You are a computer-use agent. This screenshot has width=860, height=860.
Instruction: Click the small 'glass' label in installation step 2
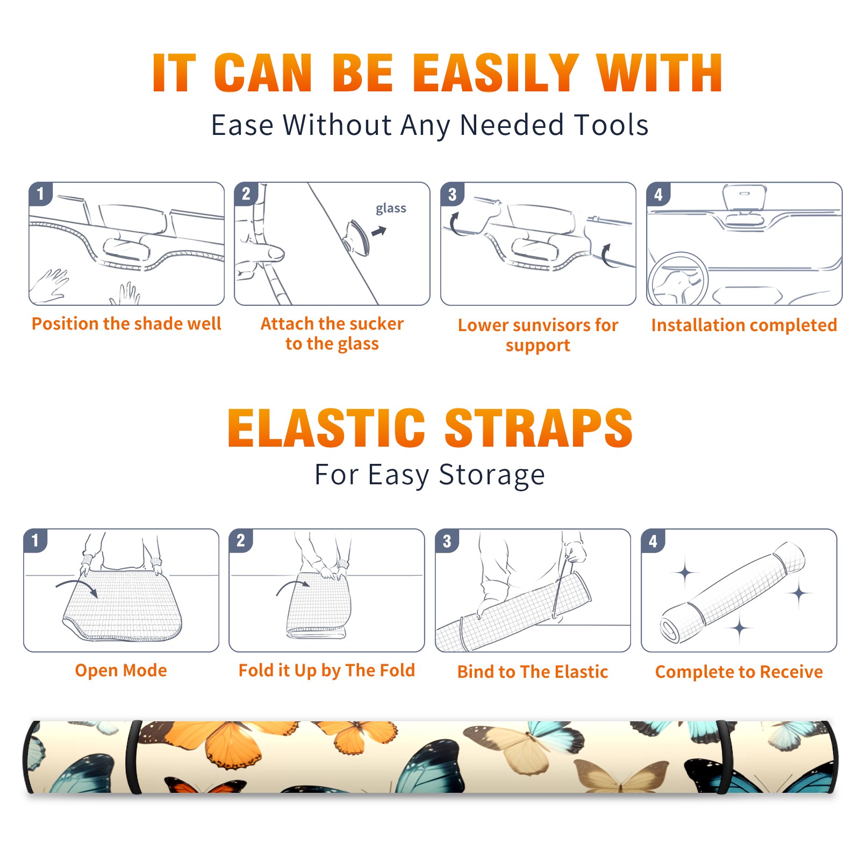[391, 209]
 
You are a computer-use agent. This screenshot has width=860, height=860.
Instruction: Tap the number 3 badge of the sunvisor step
[452, 194]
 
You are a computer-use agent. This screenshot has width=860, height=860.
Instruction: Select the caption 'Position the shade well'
[126, 324]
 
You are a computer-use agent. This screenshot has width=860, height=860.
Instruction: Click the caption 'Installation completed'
[744, 325]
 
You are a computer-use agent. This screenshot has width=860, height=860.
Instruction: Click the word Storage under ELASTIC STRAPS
[492, 475]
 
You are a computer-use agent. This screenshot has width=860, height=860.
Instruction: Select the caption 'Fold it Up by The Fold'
[327, 670]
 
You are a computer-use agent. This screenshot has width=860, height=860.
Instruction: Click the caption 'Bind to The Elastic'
[533, 672]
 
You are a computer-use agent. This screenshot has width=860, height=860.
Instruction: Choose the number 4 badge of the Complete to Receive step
[653, 541]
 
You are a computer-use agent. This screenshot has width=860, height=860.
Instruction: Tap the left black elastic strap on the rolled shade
[134, 757]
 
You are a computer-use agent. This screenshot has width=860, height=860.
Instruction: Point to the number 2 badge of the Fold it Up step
[241, 541]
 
